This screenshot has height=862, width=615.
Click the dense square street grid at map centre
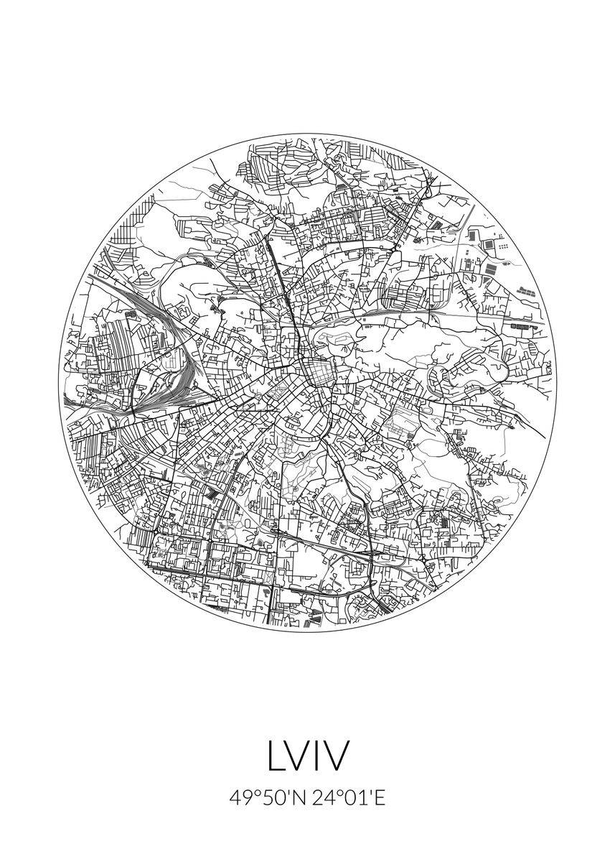coord(316,373)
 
